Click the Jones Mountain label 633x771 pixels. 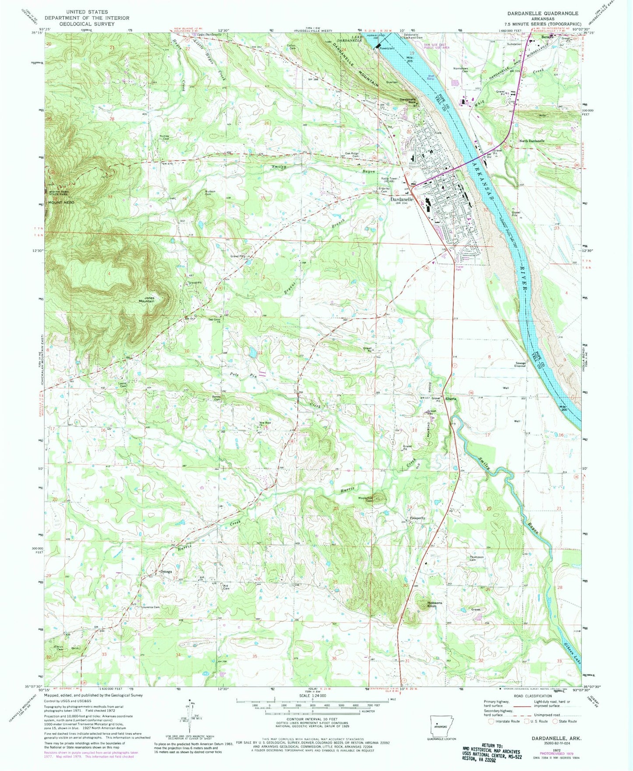click(x=146, y=300)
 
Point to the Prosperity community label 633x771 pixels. click(x=418, y=518)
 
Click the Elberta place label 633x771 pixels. click(x=451, y=399)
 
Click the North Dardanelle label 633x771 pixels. click(x=532, y=141)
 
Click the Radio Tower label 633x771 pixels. click(x=390, y=180)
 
